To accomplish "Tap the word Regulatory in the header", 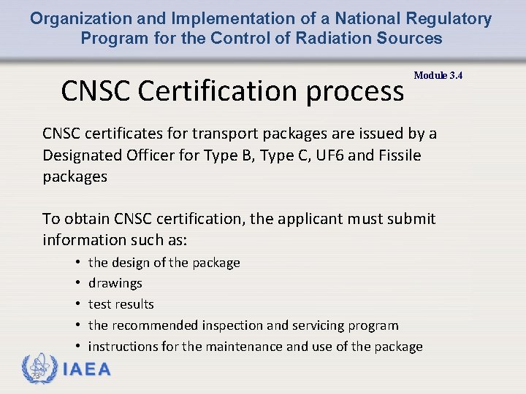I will (450, 19).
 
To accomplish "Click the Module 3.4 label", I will (438, 75).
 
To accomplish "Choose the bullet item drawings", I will (115, 283).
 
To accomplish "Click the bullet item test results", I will (121, 304).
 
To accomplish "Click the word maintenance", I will (246, 347).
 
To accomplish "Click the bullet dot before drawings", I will (77, 283).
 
